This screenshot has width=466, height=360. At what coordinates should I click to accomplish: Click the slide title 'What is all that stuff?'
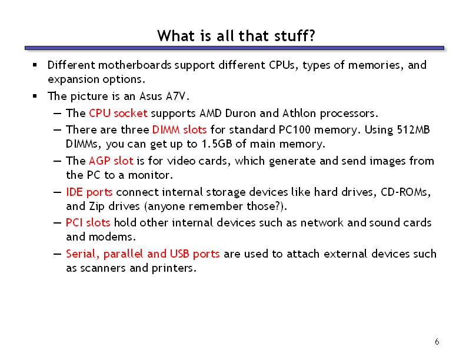[236, 36]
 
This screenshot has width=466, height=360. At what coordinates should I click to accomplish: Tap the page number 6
[437, 342]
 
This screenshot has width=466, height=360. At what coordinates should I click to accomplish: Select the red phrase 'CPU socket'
[118, 113]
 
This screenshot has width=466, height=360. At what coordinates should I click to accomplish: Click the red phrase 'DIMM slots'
[179, 130]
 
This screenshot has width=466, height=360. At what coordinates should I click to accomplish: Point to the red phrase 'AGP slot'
[111, 161]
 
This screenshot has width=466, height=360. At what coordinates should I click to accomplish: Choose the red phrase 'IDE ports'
[89, 192]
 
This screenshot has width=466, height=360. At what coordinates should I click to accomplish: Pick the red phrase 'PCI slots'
[88, 223]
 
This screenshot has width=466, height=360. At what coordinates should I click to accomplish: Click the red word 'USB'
[179, 254]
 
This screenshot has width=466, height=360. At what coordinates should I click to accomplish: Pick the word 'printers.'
[174, 268]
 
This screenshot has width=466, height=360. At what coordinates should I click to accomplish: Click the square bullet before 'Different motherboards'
[35, 65]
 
